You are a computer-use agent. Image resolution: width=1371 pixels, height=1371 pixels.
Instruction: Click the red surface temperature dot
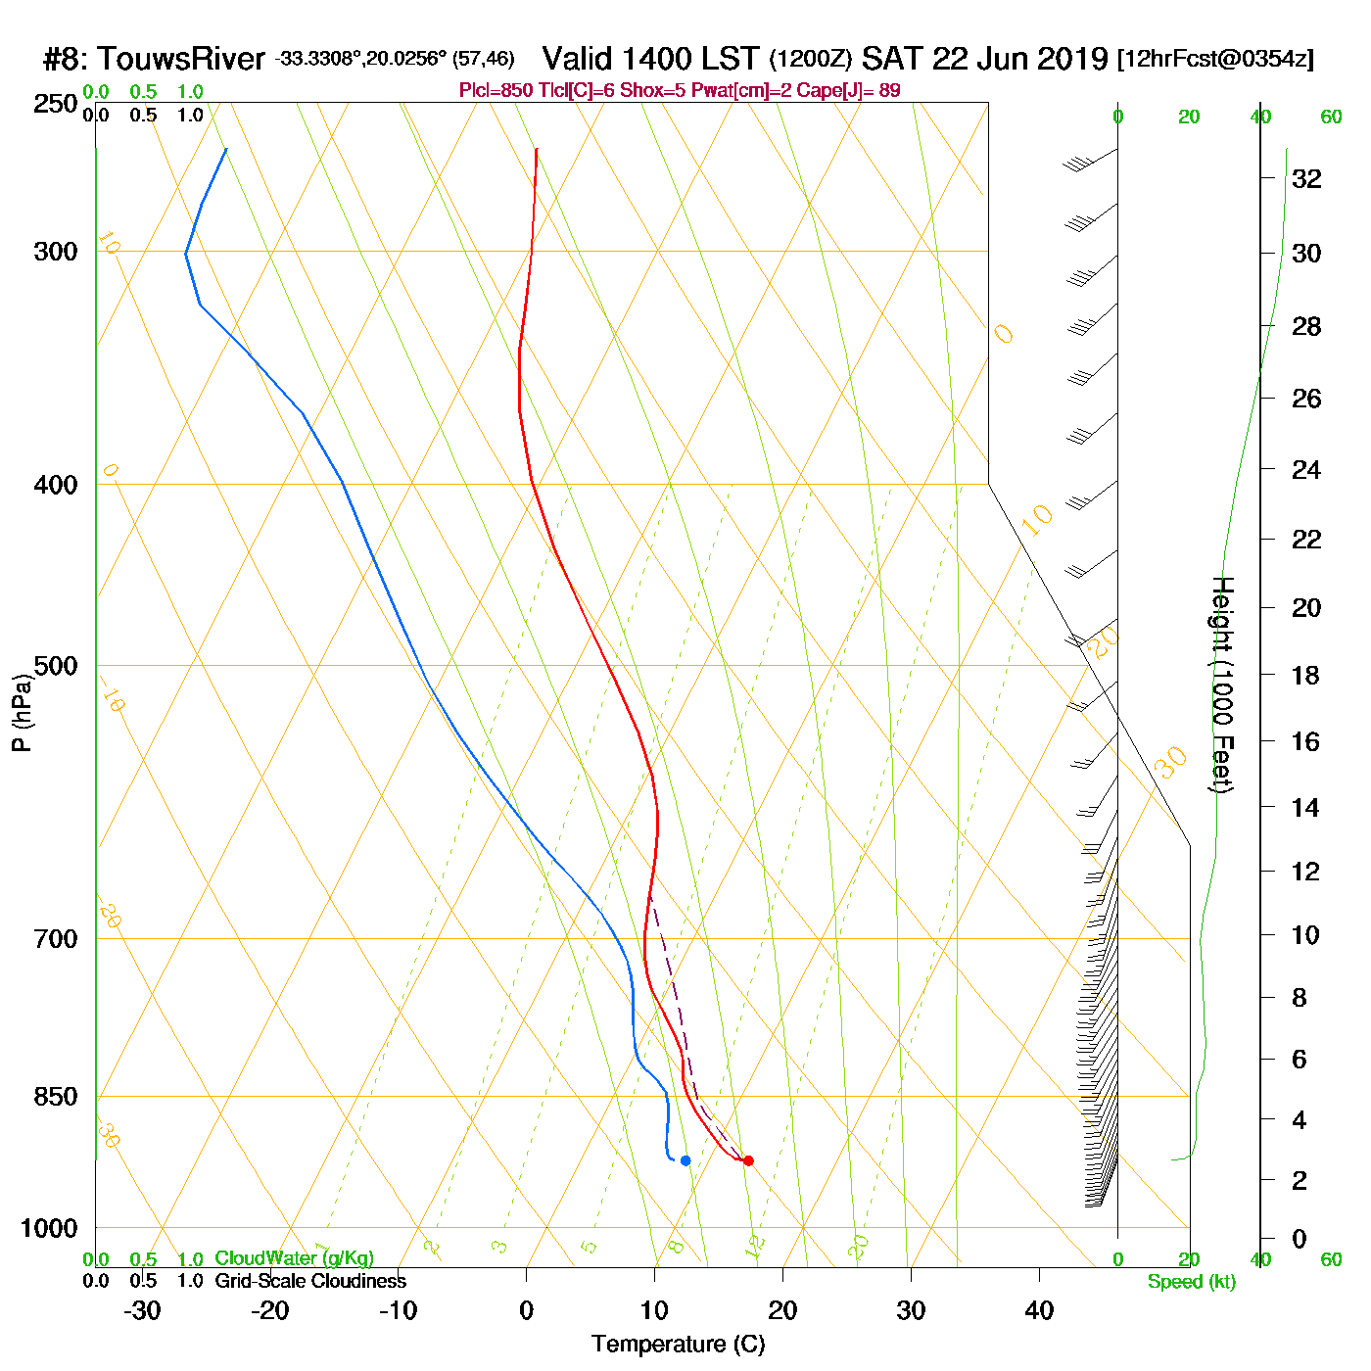(x=748, y=1160)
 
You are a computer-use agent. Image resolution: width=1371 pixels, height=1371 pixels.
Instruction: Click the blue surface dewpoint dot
(x=685, y=1160)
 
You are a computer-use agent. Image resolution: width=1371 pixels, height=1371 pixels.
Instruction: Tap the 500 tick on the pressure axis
(x=56, y=666)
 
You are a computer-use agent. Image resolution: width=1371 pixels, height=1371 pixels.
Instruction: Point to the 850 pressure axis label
(x=56, y=1097)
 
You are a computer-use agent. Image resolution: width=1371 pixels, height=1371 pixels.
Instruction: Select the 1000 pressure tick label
(x=49, y=1228)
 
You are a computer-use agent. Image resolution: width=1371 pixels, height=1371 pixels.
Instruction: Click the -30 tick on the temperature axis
(x=142, y=1310)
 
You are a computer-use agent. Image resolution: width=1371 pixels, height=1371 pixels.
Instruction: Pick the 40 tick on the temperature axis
(x=1039, y=1310)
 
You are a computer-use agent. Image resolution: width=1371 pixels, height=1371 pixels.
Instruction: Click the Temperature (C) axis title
(x=678, y=1345)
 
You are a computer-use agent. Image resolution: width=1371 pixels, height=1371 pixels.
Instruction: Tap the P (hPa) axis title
(x=22, y=712)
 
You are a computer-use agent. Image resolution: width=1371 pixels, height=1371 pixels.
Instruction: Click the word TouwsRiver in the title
(x=181, y=59)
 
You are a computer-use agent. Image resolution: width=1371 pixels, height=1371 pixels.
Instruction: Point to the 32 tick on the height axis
(x=1306, y=178)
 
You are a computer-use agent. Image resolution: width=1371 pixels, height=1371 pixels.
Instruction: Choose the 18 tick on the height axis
(x=1306, y=675)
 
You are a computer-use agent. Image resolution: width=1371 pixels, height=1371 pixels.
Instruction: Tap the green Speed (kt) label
(x=1192, y=1282)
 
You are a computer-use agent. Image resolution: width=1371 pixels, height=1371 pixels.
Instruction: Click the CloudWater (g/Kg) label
(x=294, y=1258)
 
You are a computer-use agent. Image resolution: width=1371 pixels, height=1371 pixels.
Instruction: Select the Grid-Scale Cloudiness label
(x=310, y=1281)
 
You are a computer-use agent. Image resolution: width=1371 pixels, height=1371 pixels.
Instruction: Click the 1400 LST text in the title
(x=650, y=59)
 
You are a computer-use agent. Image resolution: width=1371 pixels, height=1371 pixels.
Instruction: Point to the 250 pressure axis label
(x=56, y=104)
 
